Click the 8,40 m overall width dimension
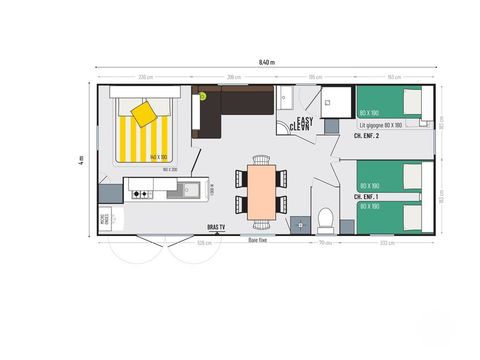pos(266,62)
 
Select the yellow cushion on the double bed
pos(144,113)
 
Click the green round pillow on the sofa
pos(200,96)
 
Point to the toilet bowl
pos(324,219)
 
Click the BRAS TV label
pos(216,228)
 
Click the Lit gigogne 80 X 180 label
pos(381,126)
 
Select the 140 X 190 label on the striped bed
pos(157,157)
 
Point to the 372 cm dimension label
pos(386,243)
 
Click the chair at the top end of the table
pos(262,160)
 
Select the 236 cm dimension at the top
pos(145,77)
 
